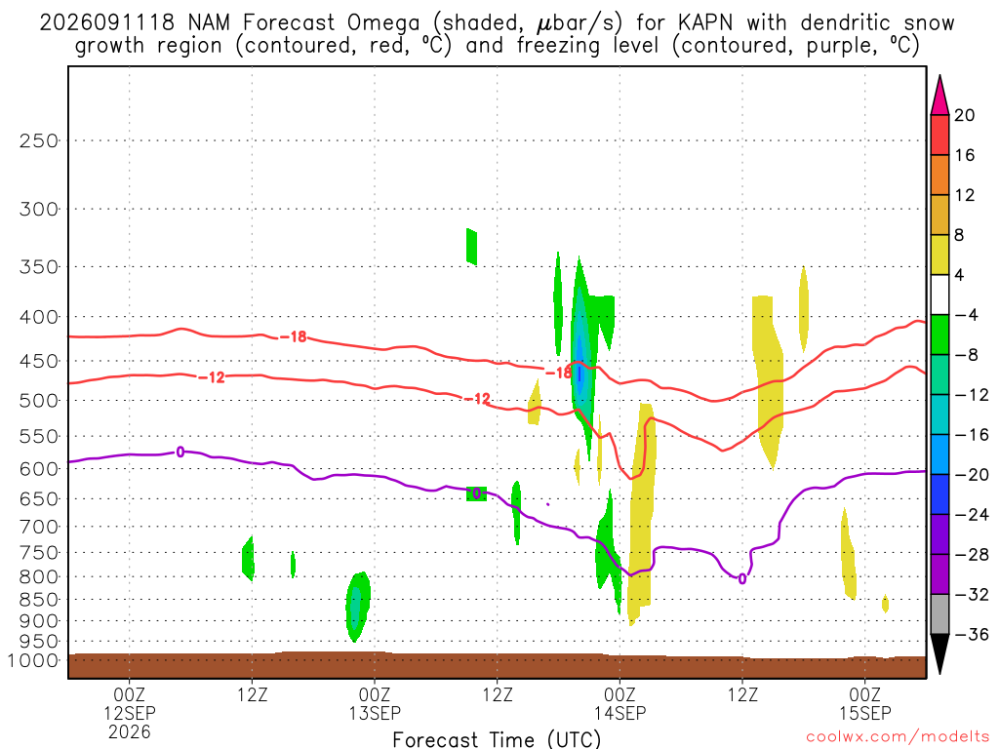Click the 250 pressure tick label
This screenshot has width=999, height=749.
pyautogui.click(x=39, y=140)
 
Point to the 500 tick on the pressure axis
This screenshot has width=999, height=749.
pyautogui.click(x=39, y=401)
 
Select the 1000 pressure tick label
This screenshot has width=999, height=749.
pyautogui.click(x=32, y=660)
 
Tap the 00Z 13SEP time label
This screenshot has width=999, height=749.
pyautogui.click(x=375, y=703)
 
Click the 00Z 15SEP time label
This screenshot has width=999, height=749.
pyautogui.click(x=865, y=703)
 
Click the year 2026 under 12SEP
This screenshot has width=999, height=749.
pyautogui.click(x=130, y=731)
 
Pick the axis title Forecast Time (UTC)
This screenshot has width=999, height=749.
pyautogui.click(x=497, y=739)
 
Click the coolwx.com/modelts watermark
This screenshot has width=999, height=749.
pyautogui.click(x=898, y=736)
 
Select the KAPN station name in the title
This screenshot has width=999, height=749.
pyautogui.click(x=705, y=23)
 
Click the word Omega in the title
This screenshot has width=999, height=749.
pyautogui.click(x=383, y=23)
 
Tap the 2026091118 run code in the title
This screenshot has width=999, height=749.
pyautogui.click(x=106, y=23)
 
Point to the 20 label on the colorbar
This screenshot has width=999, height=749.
pyautogui.click(x=965, y=115)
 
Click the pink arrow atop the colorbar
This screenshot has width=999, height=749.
pyautogui.click(x=939, y=97)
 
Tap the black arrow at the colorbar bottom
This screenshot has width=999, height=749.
pyautogui.click(x=939, y=653)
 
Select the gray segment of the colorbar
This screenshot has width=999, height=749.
pyautogui.click(x=939, y=614)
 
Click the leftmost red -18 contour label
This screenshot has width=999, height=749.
pyautogui.click(x=293, y=336)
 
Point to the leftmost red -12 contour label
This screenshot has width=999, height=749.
pyautogui.click(x=212, y=377)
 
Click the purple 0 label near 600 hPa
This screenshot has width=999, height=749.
pyautogui.click(x=180, y=453)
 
